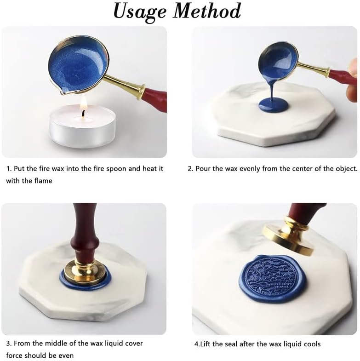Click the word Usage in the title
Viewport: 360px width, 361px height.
click(x=139, y=11)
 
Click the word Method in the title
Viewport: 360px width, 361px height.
click(x=207, y=11)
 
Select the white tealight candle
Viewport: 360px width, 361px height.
click(x=82, y=126)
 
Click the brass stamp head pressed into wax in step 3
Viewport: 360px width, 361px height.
click(x=85, y=271)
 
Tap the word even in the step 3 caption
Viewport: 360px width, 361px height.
click(x=65, y=355)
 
